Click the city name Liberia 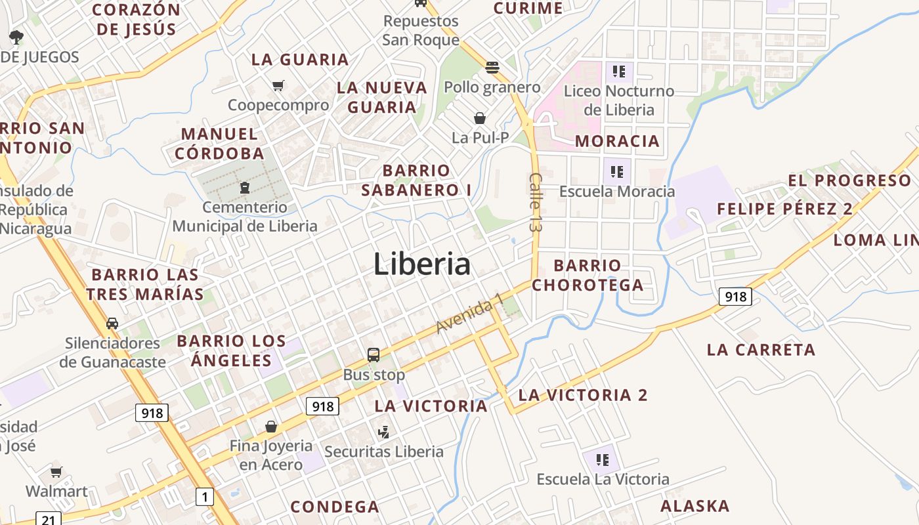click(422, 264)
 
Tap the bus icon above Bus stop click(374, 355)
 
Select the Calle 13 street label click(535, 202)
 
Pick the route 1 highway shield click(205, 497)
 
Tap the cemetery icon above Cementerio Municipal click(245, 188)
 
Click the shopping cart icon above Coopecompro click(278, 85)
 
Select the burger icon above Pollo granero click(492, 67)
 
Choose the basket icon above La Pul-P click(480, 118)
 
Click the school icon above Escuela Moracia click(616, 172)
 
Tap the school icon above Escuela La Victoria click(603, 459)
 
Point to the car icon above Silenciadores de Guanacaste click(112, 323)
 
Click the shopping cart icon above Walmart click(56, 472)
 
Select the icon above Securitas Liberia click(384, 432)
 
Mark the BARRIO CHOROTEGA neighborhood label click(588, 275)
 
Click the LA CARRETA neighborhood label click(761, 350)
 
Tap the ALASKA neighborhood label click(695, 506)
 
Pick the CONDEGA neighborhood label click(335, 507)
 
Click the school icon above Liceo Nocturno click(618, 71)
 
